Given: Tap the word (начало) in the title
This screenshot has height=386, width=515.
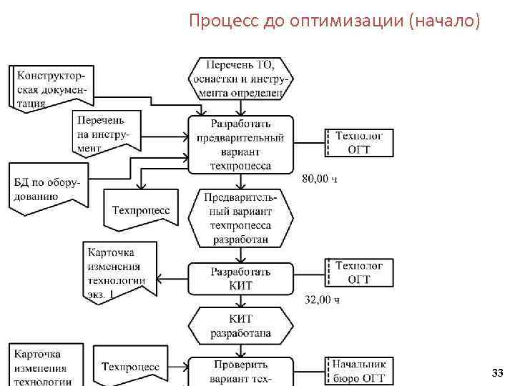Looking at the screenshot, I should [445, 21].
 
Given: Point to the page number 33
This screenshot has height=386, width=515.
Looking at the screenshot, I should [498, 374].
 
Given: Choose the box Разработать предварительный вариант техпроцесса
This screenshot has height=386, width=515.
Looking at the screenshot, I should [240, 144].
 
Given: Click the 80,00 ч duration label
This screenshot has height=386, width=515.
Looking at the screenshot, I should [320, 178].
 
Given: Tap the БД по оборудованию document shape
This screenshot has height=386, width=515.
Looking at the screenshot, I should [47, 188].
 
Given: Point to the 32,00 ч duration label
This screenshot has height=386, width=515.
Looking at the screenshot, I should [322, 300].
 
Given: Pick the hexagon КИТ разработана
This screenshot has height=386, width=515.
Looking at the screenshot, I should [240, 325].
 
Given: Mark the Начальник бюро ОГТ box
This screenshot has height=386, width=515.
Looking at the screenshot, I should [359, 370].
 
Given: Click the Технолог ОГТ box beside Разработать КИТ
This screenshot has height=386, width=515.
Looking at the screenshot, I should [359, 272].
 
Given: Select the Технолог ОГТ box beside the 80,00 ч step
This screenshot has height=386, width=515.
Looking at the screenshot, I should [359, 142].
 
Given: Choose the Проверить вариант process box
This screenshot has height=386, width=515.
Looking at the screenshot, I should [240, 371].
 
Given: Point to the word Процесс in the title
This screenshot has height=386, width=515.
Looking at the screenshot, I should [217, 21].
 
